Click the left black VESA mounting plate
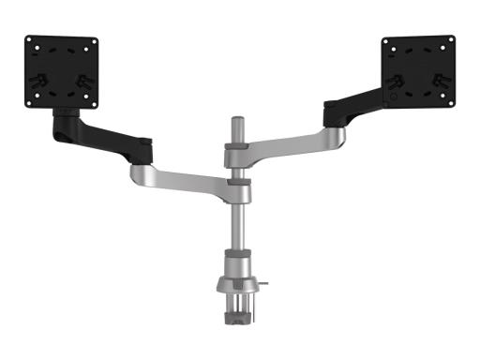tap(60, 72)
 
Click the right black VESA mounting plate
tap(417, 72)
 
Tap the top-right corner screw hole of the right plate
tap(451, 40)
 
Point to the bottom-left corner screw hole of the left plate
tap(27, 104)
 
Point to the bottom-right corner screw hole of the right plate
tap(451, 104)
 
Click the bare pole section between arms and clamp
tap(238, 225)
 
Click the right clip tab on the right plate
tap(437, 81)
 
